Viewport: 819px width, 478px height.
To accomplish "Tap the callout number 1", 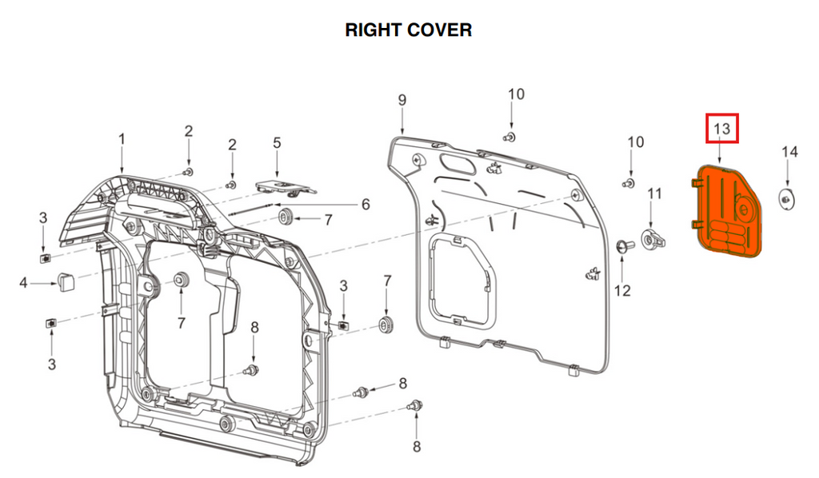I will [x=122, y=139].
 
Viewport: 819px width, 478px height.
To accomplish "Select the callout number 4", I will [x=23, y=282].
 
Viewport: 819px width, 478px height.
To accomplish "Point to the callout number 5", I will [x=277, y=143].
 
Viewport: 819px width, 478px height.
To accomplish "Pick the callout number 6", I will [x=365, y=204].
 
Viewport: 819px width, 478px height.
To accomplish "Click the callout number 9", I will [x=402, y=100].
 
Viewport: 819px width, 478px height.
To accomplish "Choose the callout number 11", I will [x=655, y=193].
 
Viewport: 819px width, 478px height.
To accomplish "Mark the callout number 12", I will [x=622, y=290].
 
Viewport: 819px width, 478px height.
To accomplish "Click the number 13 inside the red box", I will [x=721, y=128].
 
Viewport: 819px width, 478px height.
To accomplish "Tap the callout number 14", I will [x=789, y=151].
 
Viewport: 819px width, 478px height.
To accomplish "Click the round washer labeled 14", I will [x=787, y=199].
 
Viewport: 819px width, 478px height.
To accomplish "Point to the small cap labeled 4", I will [x=65, y=281].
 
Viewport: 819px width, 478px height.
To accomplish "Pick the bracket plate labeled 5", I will [x=284, y=187].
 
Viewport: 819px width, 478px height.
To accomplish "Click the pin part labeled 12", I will [x=623, y=245].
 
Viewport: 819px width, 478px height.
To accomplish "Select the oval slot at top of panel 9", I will [x=457, y=165].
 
